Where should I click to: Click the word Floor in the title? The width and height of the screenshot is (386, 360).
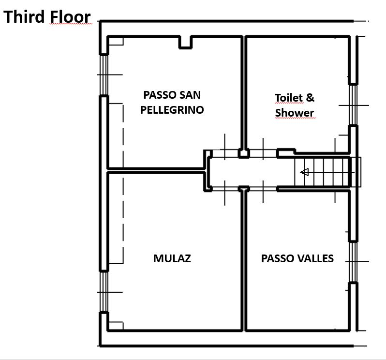point(70,17)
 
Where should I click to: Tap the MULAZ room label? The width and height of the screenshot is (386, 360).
point(172,258)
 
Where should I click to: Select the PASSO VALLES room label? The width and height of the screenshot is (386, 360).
point(297,258)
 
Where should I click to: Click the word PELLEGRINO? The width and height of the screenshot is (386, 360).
point(172,110)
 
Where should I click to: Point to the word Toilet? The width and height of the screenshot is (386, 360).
point(288,98)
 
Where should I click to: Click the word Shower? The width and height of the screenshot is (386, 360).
point(295,113)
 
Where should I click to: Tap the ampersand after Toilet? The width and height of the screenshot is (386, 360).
point(310,98)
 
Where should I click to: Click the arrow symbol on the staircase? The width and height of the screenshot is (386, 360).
point(305,172)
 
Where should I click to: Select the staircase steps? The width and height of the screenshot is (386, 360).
point(322,172)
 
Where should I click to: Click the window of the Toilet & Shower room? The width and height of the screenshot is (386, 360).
point(354,105)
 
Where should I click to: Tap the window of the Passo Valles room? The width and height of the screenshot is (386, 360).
point(354,262)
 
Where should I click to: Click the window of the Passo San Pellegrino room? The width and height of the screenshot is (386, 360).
point(104,75)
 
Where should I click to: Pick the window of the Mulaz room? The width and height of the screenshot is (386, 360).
point(104,292)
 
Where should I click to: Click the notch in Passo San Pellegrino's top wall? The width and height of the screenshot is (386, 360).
point(185,43)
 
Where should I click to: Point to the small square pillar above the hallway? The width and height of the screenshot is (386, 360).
point(244,153)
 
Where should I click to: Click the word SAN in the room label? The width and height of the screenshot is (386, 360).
point(190,95)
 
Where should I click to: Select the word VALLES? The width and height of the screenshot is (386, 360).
point(316,258)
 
